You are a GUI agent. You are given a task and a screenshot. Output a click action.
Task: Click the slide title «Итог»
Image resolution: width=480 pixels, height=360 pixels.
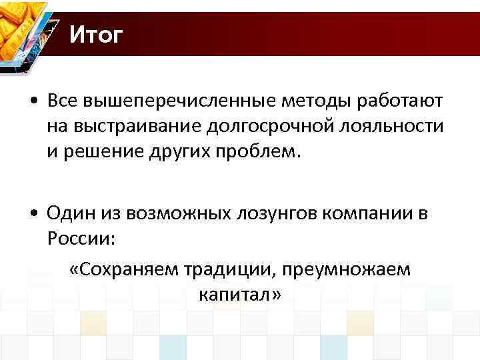[96, 35]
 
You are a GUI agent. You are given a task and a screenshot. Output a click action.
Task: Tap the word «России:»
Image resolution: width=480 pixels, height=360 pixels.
[74, 238]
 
